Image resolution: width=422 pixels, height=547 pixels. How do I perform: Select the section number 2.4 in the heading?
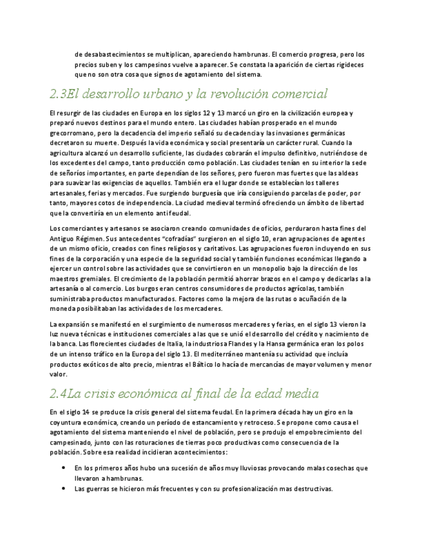58,393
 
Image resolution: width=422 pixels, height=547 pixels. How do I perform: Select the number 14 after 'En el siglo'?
84,412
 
